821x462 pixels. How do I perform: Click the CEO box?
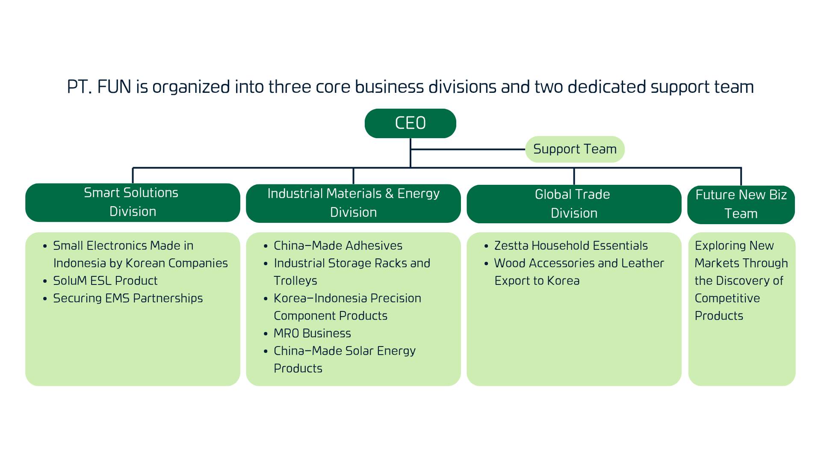click(410, 123)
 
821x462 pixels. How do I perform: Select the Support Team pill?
click(575, 149)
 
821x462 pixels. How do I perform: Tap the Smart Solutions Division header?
click(133, 202)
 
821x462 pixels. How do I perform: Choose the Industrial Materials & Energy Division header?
click(353, 203)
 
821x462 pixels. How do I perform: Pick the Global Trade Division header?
click(574, 204)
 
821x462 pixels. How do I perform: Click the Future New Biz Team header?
click(741, 204)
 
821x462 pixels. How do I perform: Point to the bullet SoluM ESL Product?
click(105, 281)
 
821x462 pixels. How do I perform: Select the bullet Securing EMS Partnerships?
click(128, 298)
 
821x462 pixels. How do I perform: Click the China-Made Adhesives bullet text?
click(338, 246)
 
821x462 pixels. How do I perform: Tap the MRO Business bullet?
click(312, 333)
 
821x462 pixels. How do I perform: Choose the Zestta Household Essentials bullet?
click(571, 246)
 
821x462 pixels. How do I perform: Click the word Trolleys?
click(295, 281)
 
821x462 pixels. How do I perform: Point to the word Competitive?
click(727, 298)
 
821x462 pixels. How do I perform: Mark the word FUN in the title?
click(114, 87)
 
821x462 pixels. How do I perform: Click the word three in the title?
click(290, 87)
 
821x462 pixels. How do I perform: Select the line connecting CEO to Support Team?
click(468, 149)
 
